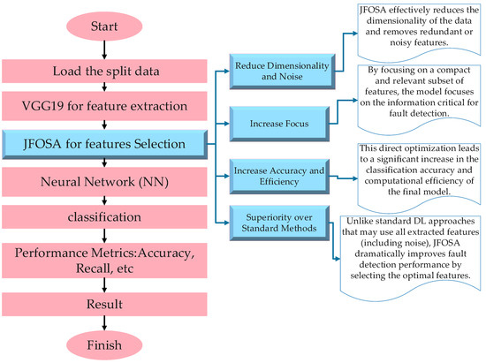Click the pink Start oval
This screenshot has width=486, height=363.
click(x=104, y=26)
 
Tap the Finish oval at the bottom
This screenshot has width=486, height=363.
click(x=104, y=345)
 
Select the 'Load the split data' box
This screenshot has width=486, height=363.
click(x=104, y=72)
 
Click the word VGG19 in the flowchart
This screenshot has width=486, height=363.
click(x=43, y=106)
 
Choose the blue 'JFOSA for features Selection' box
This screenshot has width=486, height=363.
click(x=105, y=144)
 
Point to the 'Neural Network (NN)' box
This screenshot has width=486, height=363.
click(x=104, y=182)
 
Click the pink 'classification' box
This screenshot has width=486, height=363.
click(x=104, y=216)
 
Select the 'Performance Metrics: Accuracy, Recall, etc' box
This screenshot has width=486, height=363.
click(x=104, y=261)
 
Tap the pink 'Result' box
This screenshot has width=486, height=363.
click(x=104, y=304)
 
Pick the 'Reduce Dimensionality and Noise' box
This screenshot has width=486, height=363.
click(x=282, y=72)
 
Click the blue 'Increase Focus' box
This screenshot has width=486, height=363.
click(x=279, y=124)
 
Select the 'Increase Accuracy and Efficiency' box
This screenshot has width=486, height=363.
click(x=279, y=177)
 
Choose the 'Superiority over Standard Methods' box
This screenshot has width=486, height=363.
click(x=279, y=223)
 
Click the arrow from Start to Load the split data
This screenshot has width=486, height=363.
click(x=104, y=49)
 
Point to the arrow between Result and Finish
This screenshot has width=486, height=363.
click(x=104, y=323)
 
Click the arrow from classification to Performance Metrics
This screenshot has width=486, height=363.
click(x=104, y=236)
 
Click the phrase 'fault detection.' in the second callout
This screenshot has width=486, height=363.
click(x=419, y=113)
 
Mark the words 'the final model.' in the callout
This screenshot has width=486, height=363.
click(x=419, y=192)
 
